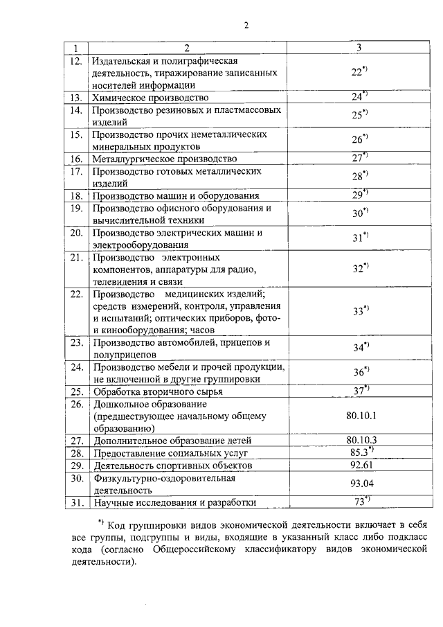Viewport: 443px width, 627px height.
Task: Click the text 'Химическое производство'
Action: pos(150,98)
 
